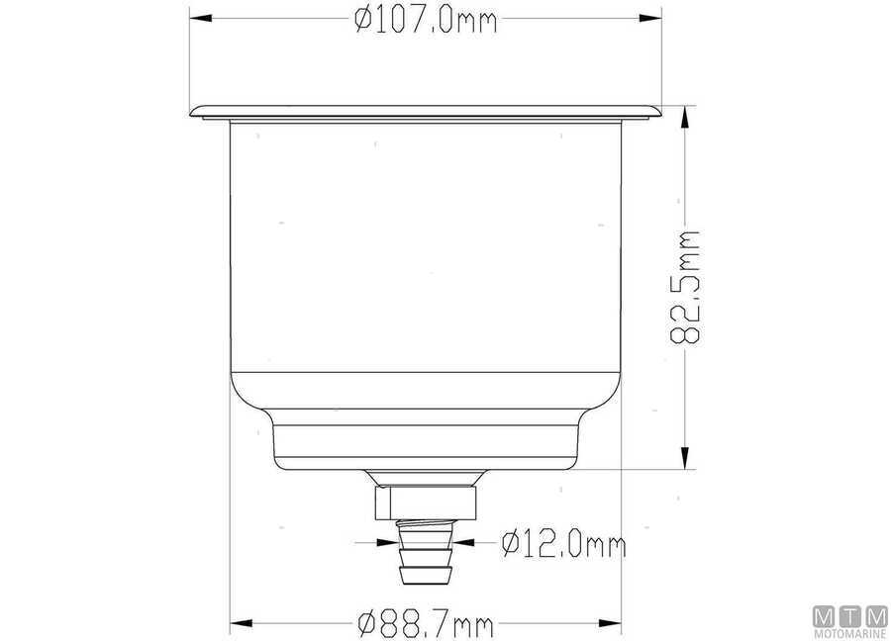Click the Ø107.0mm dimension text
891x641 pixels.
pos(425,20)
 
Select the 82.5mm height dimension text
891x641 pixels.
pos(685,287)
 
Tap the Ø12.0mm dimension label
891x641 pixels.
pos(563,543)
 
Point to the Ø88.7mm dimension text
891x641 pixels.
pos(425,624)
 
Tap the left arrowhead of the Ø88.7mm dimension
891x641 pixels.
pos(239,624)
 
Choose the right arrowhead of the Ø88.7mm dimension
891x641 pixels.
pos(613,624)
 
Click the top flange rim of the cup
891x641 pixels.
pos(426,112)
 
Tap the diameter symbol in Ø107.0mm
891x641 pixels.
pos(361,20)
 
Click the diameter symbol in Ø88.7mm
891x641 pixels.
pos(364,624)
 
